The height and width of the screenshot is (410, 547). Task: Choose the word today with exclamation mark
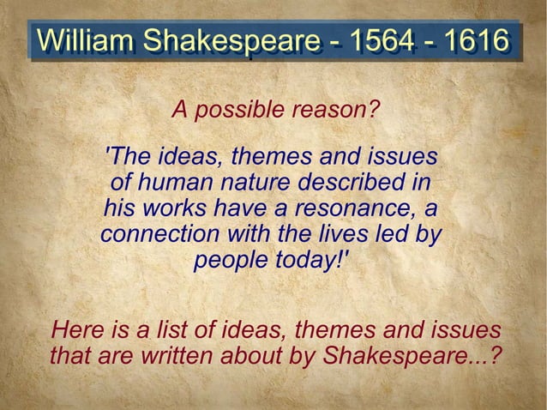point(310,260)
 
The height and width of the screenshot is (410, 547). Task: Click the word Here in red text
point(75,329)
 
